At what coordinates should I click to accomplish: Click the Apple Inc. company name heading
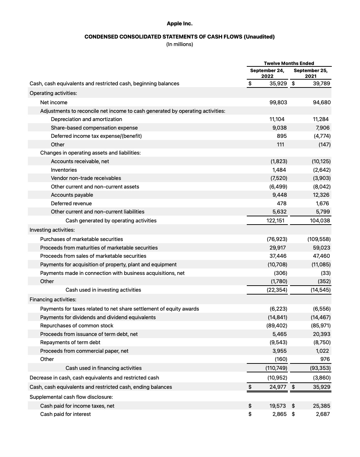coord(180,24)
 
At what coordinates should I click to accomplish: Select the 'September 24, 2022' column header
coord(267,73)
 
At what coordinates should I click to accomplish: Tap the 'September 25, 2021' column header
coord(310,73)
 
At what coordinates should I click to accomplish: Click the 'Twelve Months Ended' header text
coord(289,63)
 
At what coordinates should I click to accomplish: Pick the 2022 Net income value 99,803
coord(278,102)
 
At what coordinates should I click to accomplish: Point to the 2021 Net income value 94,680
coord(321,102)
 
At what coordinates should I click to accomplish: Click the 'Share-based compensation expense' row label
coord(94,128)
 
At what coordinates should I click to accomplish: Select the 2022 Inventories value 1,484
coord(279,170)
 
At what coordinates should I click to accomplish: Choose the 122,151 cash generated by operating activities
coord(276,221)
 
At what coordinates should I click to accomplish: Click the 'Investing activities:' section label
coord(52,230)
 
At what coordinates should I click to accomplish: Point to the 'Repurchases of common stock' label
coord(77,326)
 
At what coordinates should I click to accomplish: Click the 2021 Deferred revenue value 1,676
coord(322,204)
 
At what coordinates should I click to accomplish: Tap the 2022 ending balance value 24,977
coord(278,387)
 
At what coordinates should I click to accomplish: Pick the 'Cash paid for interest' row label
coord(65,414)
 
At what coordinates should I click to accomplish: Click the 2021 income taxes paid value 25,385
coord(321,406)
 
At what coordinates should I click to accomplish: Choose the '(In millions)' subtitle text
coord(180,44)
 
